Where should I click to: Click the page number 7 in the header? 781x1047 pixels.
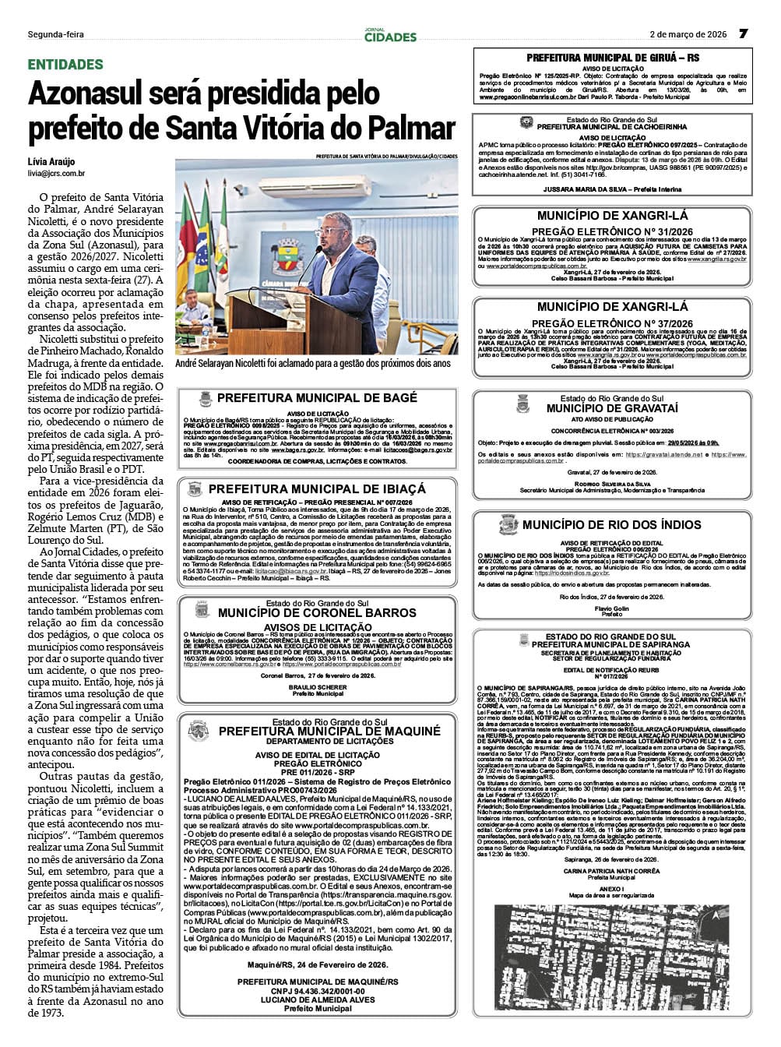pyautogui.click(x=743, y=33)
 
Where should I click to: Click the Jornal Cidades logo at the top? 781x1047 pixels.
pyautogui.click(x=390, y=34)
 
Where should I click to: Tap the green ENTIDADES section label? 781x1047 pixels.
pyautogui.click(x=65, y=65)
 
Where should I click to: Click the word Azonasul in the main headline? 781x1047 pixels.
pyautogui.click(x=93, y=94)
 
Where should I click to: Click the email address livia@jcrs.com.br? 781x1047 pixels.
pyautogui.click(x=57, y=174)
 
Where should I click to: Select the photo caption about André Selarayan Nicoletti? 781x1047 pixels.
pyautogui.click(x=313, y=363)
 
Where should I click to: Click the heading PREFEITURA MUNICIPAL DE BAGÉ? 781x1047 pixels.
pyautogui.click(x=317, y=398)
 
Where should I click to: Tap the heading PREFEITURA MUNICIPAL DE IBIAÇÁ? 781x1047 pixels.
pyautogui.click(x=317, y=489)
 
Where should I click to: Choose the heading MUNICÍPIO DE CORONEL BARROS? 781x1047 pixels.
pyautogui.click(x=317, y=613)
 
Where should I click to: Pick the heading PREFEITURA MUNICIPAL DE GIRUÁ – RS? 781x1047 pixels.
pyautogui.click(x=613, y=58)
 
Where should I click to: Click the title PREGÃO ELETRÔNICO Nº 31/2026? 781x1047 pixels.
pyautogui.click(x=612, y=231)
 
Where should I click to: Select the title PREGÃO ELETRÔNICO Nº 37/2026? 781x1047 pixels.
pyautogui.click(x=612, y=323)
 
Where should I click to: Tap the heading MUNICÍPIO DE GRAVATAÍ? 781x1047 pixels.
pyautogui.click(x=612, y=408)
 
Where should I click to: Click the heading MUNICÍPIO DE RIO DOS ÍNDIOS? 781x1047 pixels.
pyautogui.click(x=612, y=525)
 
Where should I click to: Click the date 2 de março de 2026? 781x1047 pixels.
pyautogui.click(x=688, y=34)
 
